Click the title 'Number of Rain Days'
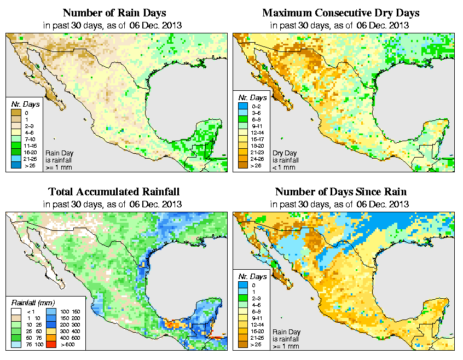(x=114, y=13)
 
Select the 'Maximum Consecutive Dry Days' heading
(x=341, y=13)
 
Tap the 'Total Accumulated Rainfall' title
(x=114, y=192)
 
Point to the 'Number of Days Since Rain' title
(x=341, y=192)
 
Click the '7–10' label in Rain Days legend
(x=31, y=140)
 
